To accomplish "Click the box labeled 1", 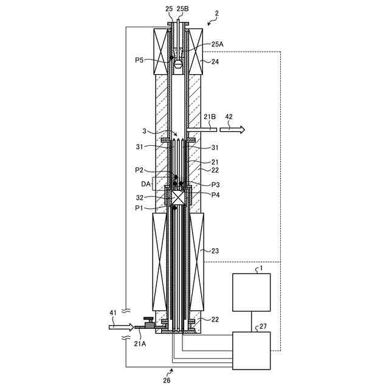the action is click(x=251, y=292).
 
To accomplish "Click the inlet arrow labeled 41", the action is click(x=121, y=327).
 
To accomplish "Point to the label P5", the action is click(x=140, y=60).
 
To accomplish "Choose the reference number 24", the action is click(x=214, y=61).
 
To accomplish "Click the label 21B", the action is click(x=210, y=116).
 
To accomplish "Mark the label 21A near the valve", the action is click(x=139, y=343).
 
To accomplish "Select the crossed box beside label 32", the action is click(x=179, y=198).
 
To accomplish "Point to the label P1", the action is click(x=140, y=208).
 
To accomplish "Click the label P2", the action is click(x=140, y=170).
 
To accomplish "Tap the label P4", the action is click(x=215, y=194).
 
